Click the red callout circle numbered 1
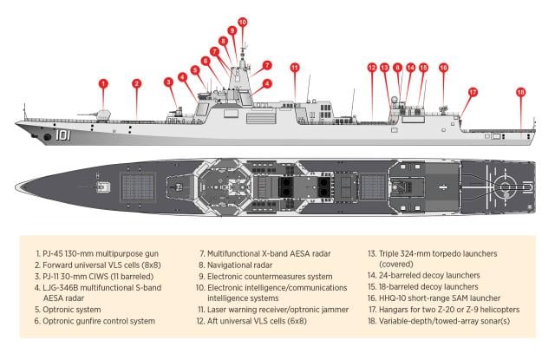coord(103,83)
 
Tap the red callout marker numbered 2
coord(136,83)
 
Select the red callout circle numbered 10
coord(242,22)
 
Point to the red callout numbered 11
coord(295,67)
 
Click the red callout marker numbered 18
coord(520,91)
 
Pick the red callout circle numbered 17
coord(473,91)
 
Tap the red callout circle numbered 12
coord(371,67)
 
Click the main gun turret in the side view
coord(102,115)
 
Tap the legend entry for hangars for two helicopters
coord(447,308)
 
